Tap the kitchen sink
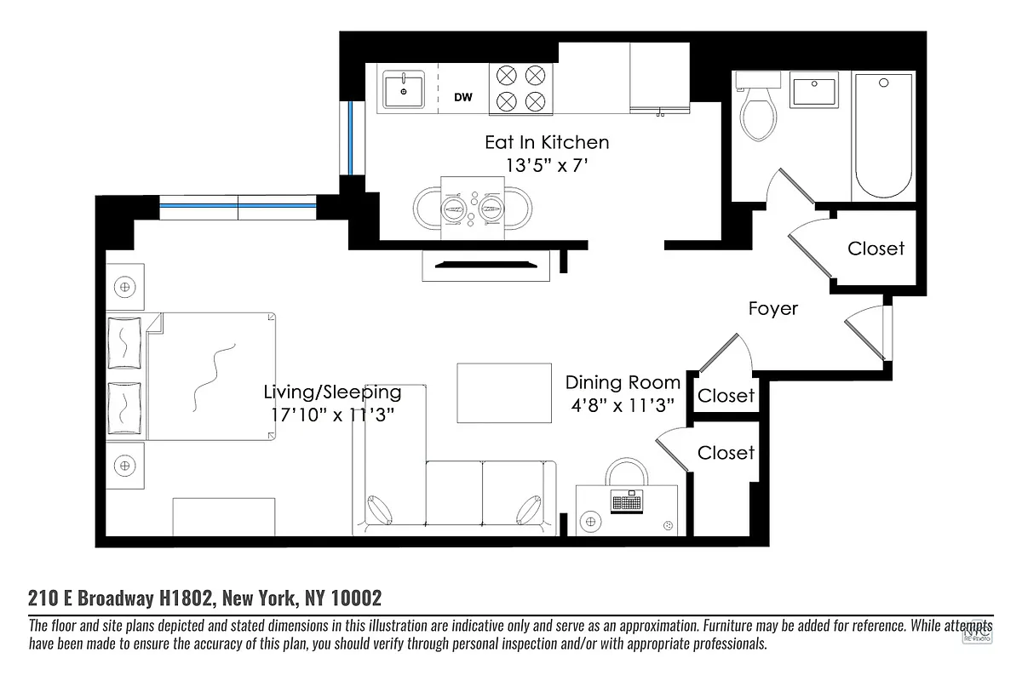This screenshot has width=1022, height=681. coord(404,89)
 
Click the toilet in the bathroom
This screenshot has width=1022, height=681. coord(758,111)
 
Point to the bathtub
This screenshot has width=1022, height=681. coord(884,136)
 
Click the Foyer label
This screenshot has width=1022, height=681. coord(772,308)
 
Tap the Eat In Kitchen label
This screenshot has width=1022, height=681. coord(547,142)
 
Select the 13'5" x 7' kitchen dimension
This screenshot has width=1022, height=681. coord(547,166)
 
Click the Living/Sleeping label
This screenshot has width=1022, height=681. coord(331,392)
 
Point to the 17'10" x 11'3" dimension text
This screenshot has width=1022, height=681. coord(331,415)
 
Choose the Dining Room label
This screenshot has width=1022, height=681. coord(623,382)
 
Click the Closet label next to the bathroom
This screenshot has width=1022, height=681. coord(876,249)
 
